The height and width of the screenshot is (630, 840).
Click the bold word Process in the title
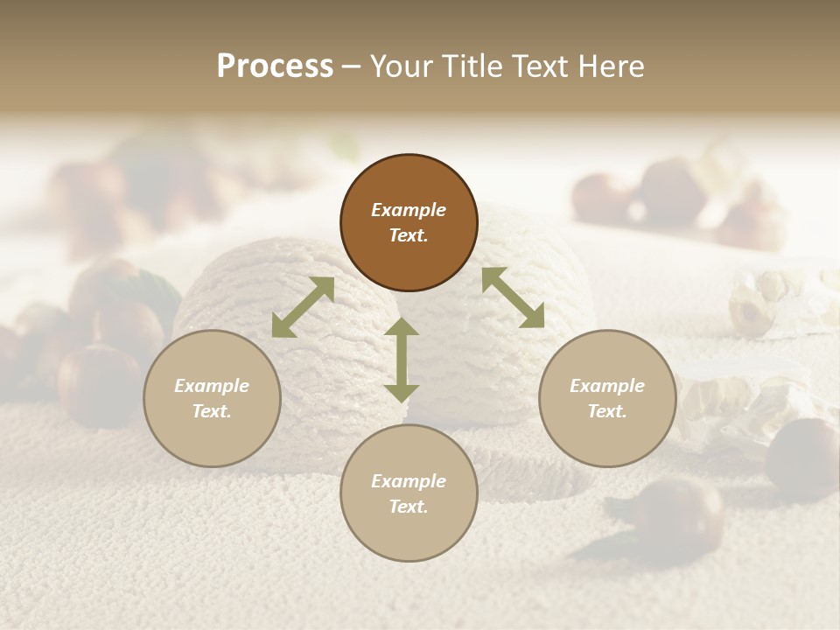[275, 66]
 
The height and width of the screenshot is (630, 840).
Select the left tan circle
[212, 398]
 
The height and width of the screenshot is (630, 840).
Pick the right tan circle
[607, 398]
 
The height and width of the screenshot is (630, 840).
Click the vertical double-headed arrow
[402, 360]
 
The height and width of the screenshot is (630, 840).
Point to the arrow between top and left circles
[303, 307]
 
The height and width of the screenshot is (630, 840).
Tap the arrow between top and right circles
[513, 297]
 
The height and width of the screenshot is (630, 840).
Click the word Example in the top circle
[409, 210]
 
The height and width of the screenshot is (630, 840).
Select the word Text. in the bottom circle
[409, 507]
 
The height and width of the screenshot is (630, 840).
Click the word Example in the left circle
[212, 386]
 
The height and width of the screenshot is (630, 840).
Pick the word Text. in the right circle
[607, 411]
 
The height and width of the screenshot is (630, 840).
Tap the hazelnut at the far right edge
[803, 459]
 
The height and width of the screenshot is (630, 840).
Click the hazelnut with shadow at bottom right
[685, 512]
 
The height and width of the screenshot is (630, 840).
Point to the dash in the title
[352, 66]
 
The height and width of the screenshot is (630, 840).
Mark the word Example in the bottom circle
[409, 481]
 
